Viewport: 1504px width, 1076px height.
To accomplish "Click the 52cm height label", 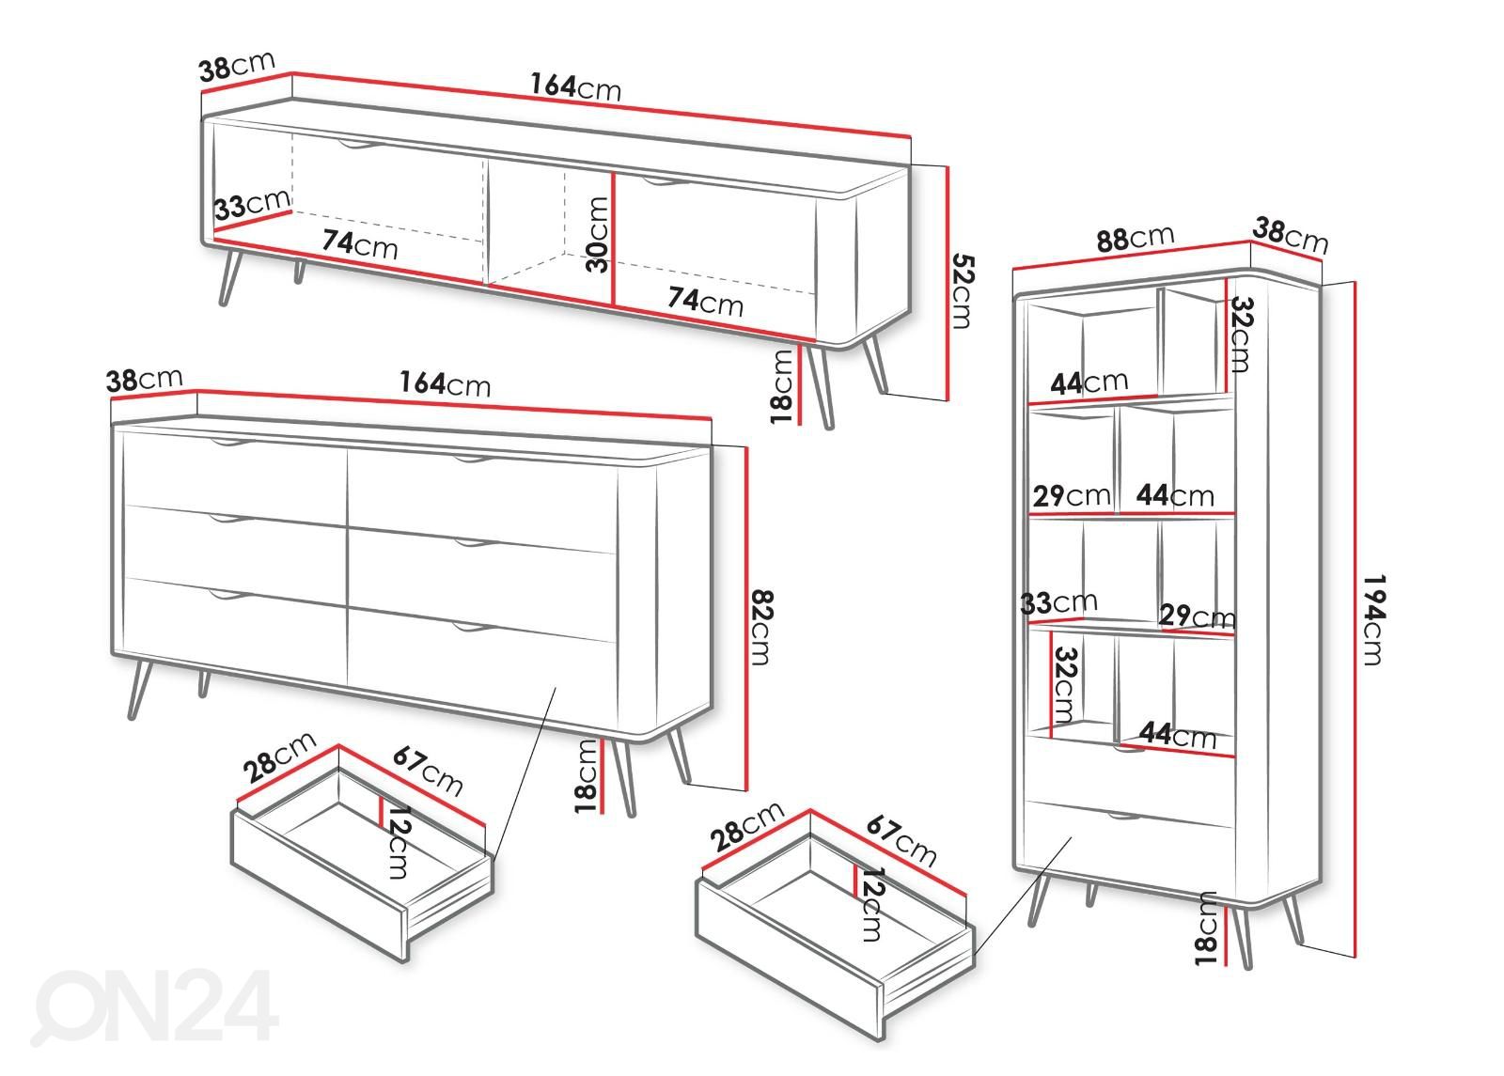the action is pyautogui.click(x=963, y=291).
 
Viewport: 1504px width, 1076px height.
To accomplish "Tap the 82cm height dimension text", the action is pyautogui.click(x=760, y=627).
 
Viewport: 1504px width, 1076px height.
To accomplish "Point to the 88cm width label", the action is pyautogui.click(x=1135, y=239).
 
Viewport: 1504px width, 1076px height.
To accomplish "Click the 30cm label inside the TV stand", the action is pyautogui.click(x=597, y=234).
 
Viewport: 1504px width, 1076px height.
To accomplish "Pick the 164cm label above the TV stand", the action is pyautogui.click(x=575, y=86).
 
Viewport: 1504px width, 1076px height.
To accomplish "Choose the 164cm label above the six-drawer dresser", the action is pyautogui.click(x=446, y=383).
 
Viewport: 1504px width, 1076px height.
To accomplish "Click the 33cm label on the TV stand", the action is pyautogui.click(x=253, y=203).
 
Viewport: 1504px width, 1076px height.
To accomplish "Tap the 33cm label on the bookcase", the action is pyautogui.click(x=1058, y=602).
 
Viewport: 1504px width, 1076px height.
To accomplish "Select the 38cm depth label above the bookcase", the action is pyautogui.click(x=1290, y=235).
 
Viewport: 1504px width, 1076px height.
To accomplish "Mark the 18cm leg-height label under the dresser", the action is pyautogui.click(x=587, y=776).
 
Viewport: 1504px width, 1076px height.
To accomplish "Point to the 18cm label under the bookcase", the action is pyautogui.click(x=1206, y=928).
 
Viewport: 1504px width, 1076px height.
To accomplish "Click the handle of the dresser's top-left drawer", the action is pyautogui.click(x=231, y=444).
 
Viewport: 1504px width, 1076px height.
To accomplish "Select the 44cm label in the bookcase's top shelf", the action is pyautogui.click(x=1089, y=382).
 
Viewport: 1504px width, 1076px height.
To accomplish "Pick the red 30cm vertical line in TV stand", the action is pyautogui.click(x=613, y=239).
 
